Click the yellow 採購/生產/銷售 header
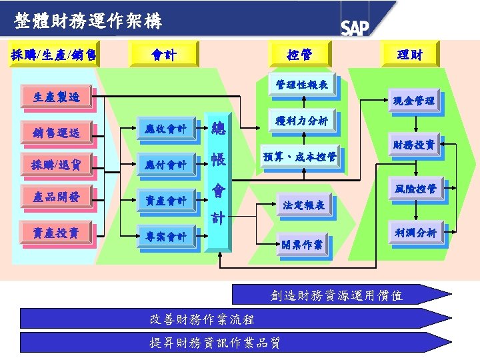(x=54, y=54)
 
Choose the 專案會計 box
(x=167, y=236)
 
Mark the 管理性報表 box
(x=302, y=85)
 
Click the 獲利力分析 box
(x=302, y=121)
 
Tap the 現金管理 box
(x=414, y=101)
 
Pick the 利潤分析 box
(x=415, y=233)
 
